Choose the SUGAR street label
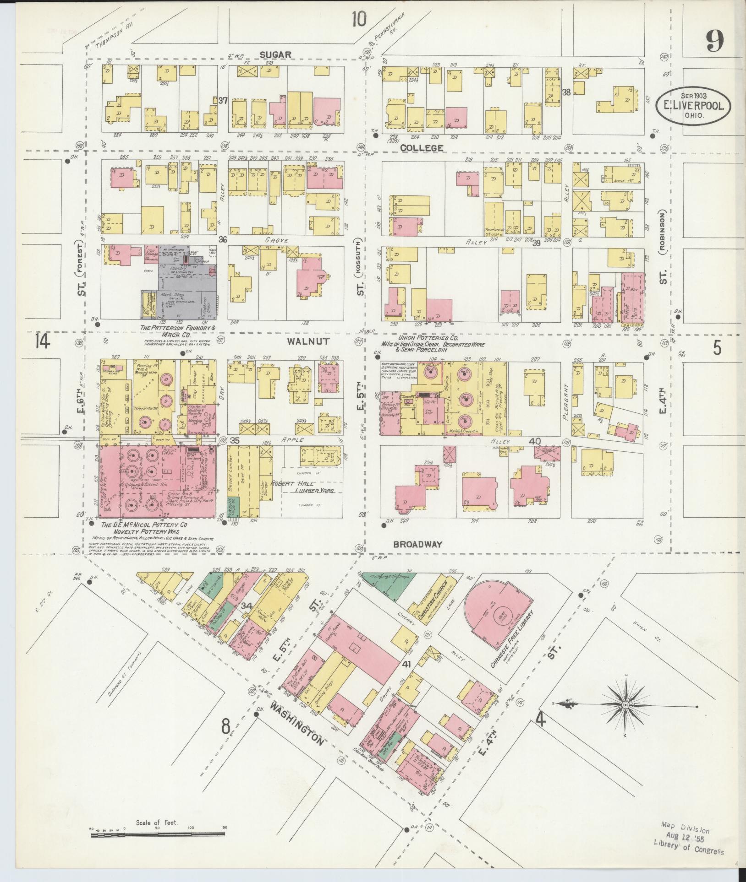click(x=275, y=54)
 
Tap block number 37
click(x=223, y=100)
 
